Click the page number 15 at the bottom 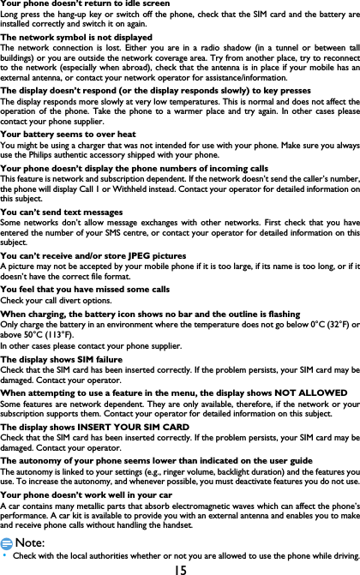coord(180,568)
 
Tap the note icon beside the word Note coord(8,543)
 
